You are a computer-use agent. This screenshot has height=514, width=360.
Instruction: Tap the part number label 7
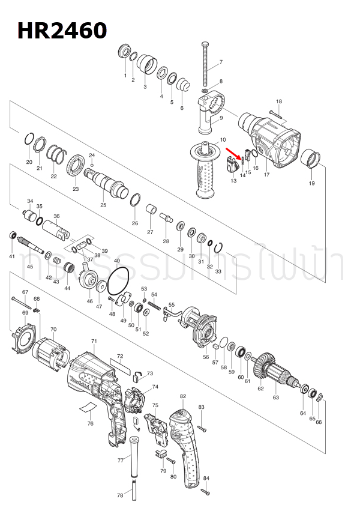click(x=220, y=62)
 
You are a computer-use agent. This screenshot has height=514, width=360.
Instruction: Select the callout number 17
click(x=266, y=175)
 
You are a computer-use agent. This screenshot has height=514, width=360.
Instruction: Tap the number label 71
click(x=94, y=341)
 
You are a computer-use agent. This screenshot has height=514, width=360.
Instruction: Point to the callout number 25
click(x=103, y=205)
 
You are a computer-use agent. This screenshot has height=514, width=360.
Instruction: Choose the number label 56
click(x=206, y=357)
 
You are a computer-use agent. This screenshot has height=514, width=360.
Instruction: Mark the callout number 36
click(x=56, y=216)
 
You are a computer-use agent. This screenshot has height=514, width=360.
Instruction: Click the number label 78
click(x=119, y=495)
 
